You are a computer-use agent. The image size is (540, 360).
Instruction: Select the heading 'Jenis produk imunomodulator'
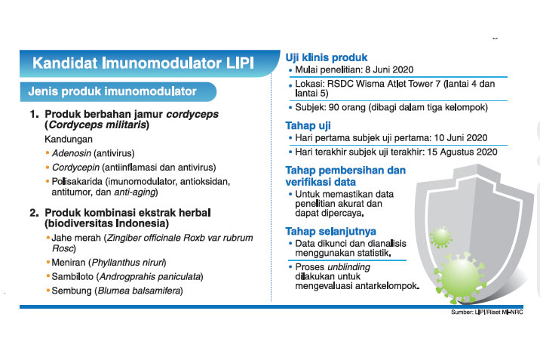point(112,91)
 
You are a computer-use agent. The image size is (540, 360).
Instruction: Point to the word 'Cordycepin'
point(78,167)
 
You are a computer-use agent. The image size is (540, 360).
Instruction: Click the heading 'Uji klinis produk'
point(327,58)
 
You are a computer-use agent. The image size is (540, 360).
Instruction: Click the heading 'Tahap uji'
point(308,125)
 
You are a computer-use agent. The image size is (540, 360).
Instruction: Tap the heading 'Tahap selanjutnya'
point(330,231)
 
